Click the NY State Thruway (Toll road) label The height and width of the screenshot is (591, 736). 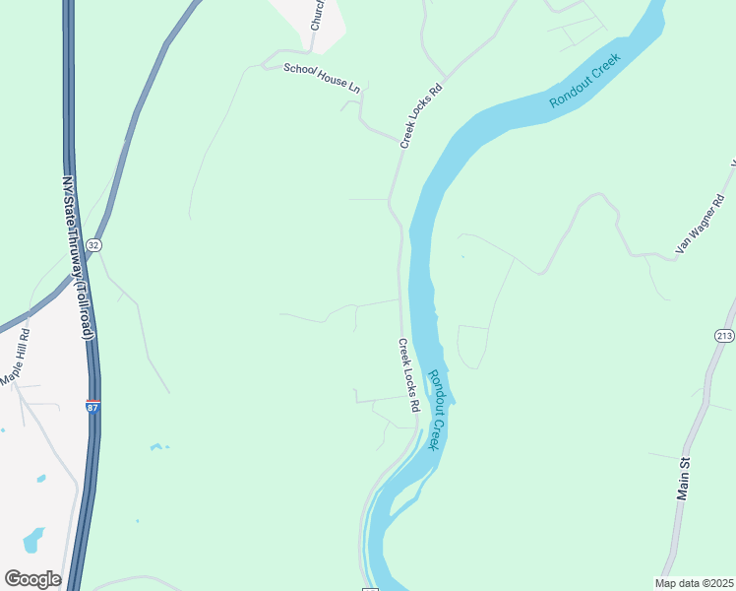pyautogui.click(x=79, y=258)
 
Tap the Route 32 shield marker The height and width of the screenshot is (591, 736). pyautogui.click(x=93, y=244)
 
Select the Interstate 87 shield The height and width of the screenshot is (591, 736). pyautogui.click(x=92, y=406)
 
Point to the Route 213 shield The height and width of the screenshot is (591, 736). pyautogui.click(x=725, y=336)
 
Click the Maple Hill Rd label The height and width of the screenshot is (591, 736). pyautogui.click(x=16, y=357)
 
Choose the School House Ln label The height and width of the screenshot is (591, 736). pyautogui.click(x=322, y=78)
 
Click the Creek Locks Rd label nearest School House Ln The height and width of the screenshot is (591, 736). pyautogui.click(x=422, y=116)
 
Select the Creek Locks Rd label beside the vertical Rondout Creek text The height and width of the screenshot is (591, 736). pyautogui.click(x=409, y=375)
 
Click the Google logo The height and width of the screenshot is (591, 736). pyautogui.click(x=32, y=579)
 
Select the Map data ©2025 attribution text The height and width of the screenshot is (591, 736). pyautogui.click(x=695, y=583)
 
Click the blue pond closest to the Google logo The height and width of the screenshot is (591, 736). pyautogui.click(x=33, y=540)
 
